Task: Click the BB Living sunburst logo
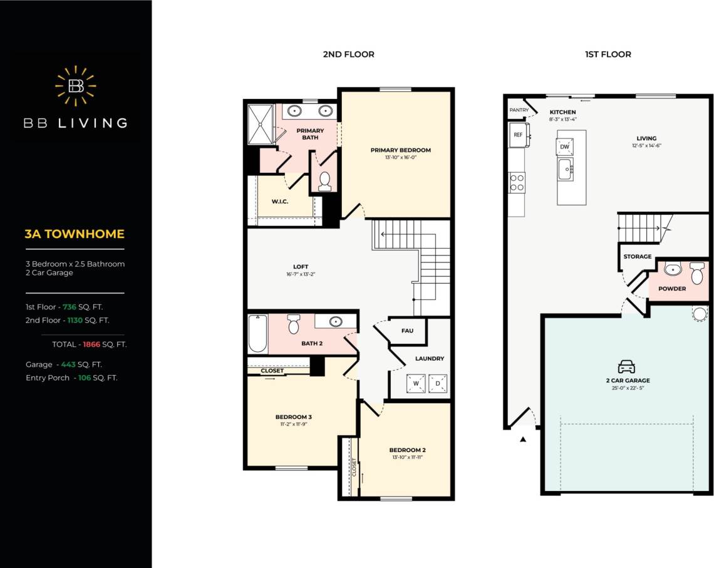[x=76, y=86]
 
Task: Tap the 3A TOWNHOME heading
[x=75, y=234]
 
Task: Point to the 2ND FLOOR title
[x=348, y=54]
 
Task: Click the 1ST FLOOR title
[x=608, y=54]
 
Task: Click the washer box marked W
[x=415, y=383]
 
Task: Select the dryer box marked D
[x=438, y=383]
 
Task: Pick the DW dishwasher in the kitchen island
[x=564, y=147]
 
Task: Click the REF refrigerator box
[x=518, y=135]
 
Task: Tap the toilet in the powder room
[x=696, y=273]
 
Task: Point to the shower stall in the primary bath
[x=260, y=124]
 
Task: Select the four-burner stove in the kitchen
[x=517, y=182]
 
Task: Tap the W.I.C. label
[x=279, y=202]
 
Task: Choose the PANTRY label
[x=519, y=110]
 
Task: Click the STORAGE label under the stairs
[x=637, y=257]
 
